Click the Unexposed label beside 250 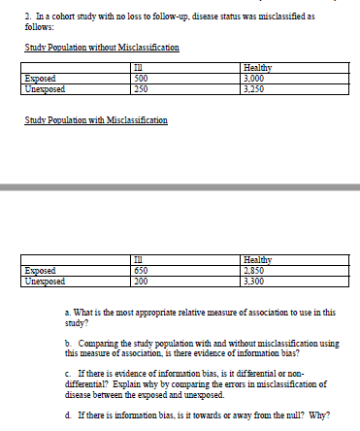click(x=44, y=87)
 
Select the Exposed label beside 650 click(x=39, y=271)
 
